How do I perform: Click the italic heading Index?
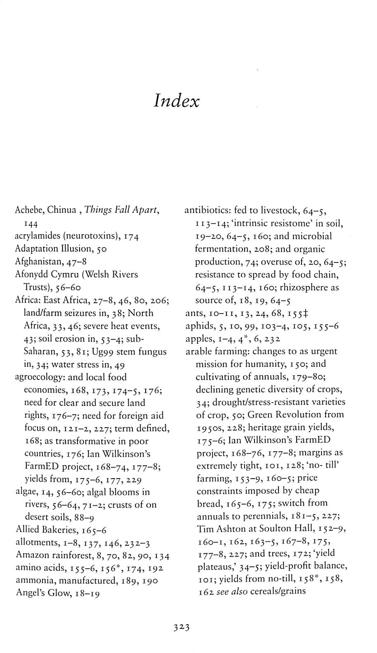pyautogui.click(x=177, y=101)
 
